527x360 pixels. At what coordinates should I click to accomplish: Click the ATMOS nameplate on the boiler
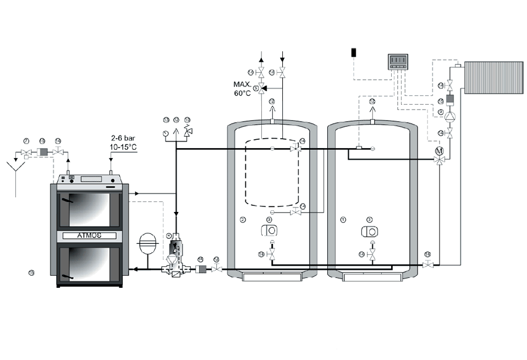click(89, 236)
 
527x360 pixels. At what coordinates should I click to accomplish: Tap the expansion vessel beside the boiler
click(148, 243)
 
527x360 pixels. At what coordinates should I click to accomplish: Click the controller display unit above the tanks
click(398, 61)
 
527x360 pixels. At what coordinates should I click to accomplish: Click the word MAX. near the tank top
click(241, 85)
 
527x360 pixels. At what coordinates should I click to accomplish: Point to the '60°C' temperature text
click(242, 94)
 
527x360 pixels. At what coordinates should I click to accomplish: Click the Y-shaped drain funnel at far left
click(17, 165)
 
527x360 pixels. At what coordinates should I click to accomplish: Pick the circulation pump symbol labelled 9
click(449, 117)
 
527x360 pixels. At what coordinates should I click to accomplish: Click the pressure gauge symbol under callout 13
click(166, 133)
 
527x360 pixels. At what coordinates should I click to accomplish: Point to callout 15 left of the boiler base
click(31, 272)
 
